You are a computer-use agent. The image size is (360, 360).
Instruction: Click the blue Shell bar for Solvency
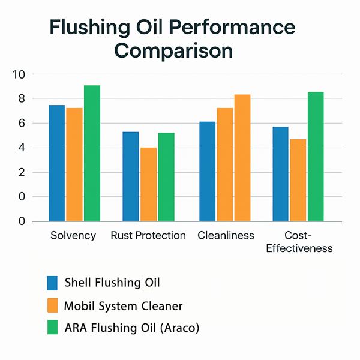pyautogui.click(x=56, y=163)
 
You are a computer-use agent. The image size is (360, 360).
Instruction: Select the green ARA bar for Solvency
pyautogui.click(x=92, y=153)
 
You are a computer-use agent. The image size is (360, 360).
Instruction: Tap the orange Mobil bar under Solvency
pyautogui.click(x=74, y=164)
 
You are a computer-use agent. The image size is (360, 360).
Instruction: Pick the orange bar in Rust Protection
pyautogui.click(x=149, y=184)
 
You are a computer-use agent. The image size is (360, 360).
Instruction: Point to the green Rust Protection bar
pyautogui.click(x=166, y=177)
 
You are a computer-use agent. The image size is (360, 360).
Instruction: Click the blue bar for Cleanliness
pyautogui.click(x=207, y=172)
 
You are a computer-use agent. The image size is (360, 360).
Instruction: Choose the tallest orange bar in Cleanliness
pyautogui.click(x=242, y=158)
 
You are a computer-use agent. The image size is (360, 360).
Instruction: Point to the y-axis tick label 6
pyautogui.click(x=21, y=124)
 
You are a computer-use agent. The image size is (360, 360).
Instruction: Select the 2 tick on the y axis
pyautogui.click(x=21, y=173)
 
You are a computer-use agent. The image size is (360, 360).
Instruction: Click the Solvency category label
pyautogui.click(x=74, y=235)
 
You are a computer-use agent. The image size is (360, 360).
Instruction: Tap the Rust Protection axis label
pyautogui.click(x=148, y=235)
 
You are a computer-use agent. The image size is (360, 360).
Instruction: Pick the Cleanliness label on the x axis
pyautogui.click(x=226, y=235)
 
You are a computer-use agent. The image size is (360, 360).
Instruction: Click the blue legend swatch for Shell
pyautogui.click(x=53, y=283)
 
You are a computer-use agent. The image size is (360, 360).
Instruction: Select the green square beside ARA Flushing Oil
pyautogui.click(x=53, y=328)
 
